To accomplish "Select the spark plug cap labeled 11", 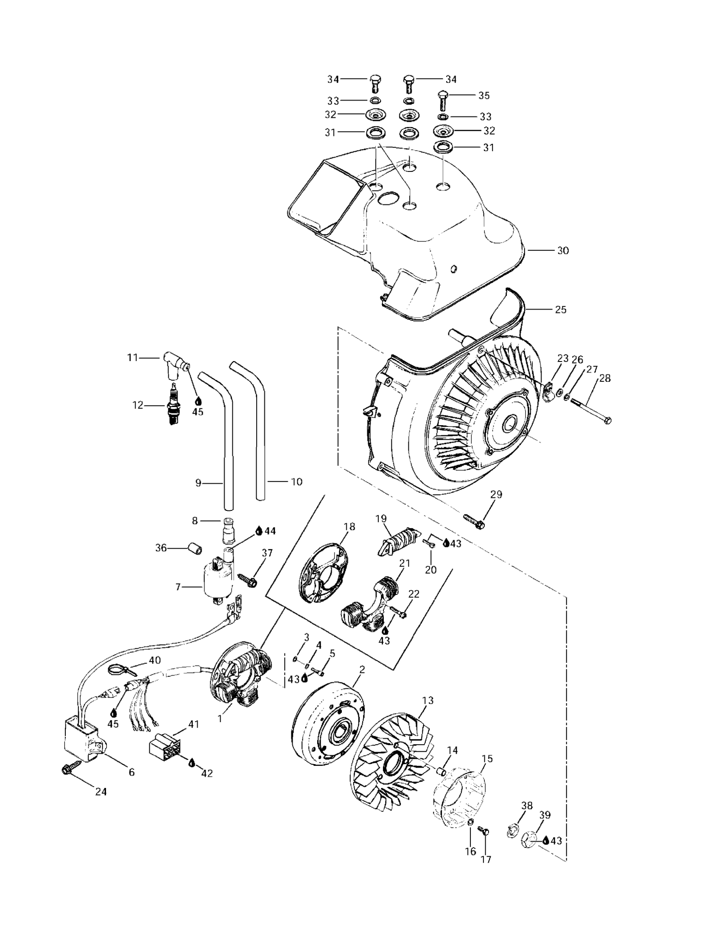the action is click(x=175, y=364).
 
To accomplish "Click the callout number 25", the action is click(x=561, y=309).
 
